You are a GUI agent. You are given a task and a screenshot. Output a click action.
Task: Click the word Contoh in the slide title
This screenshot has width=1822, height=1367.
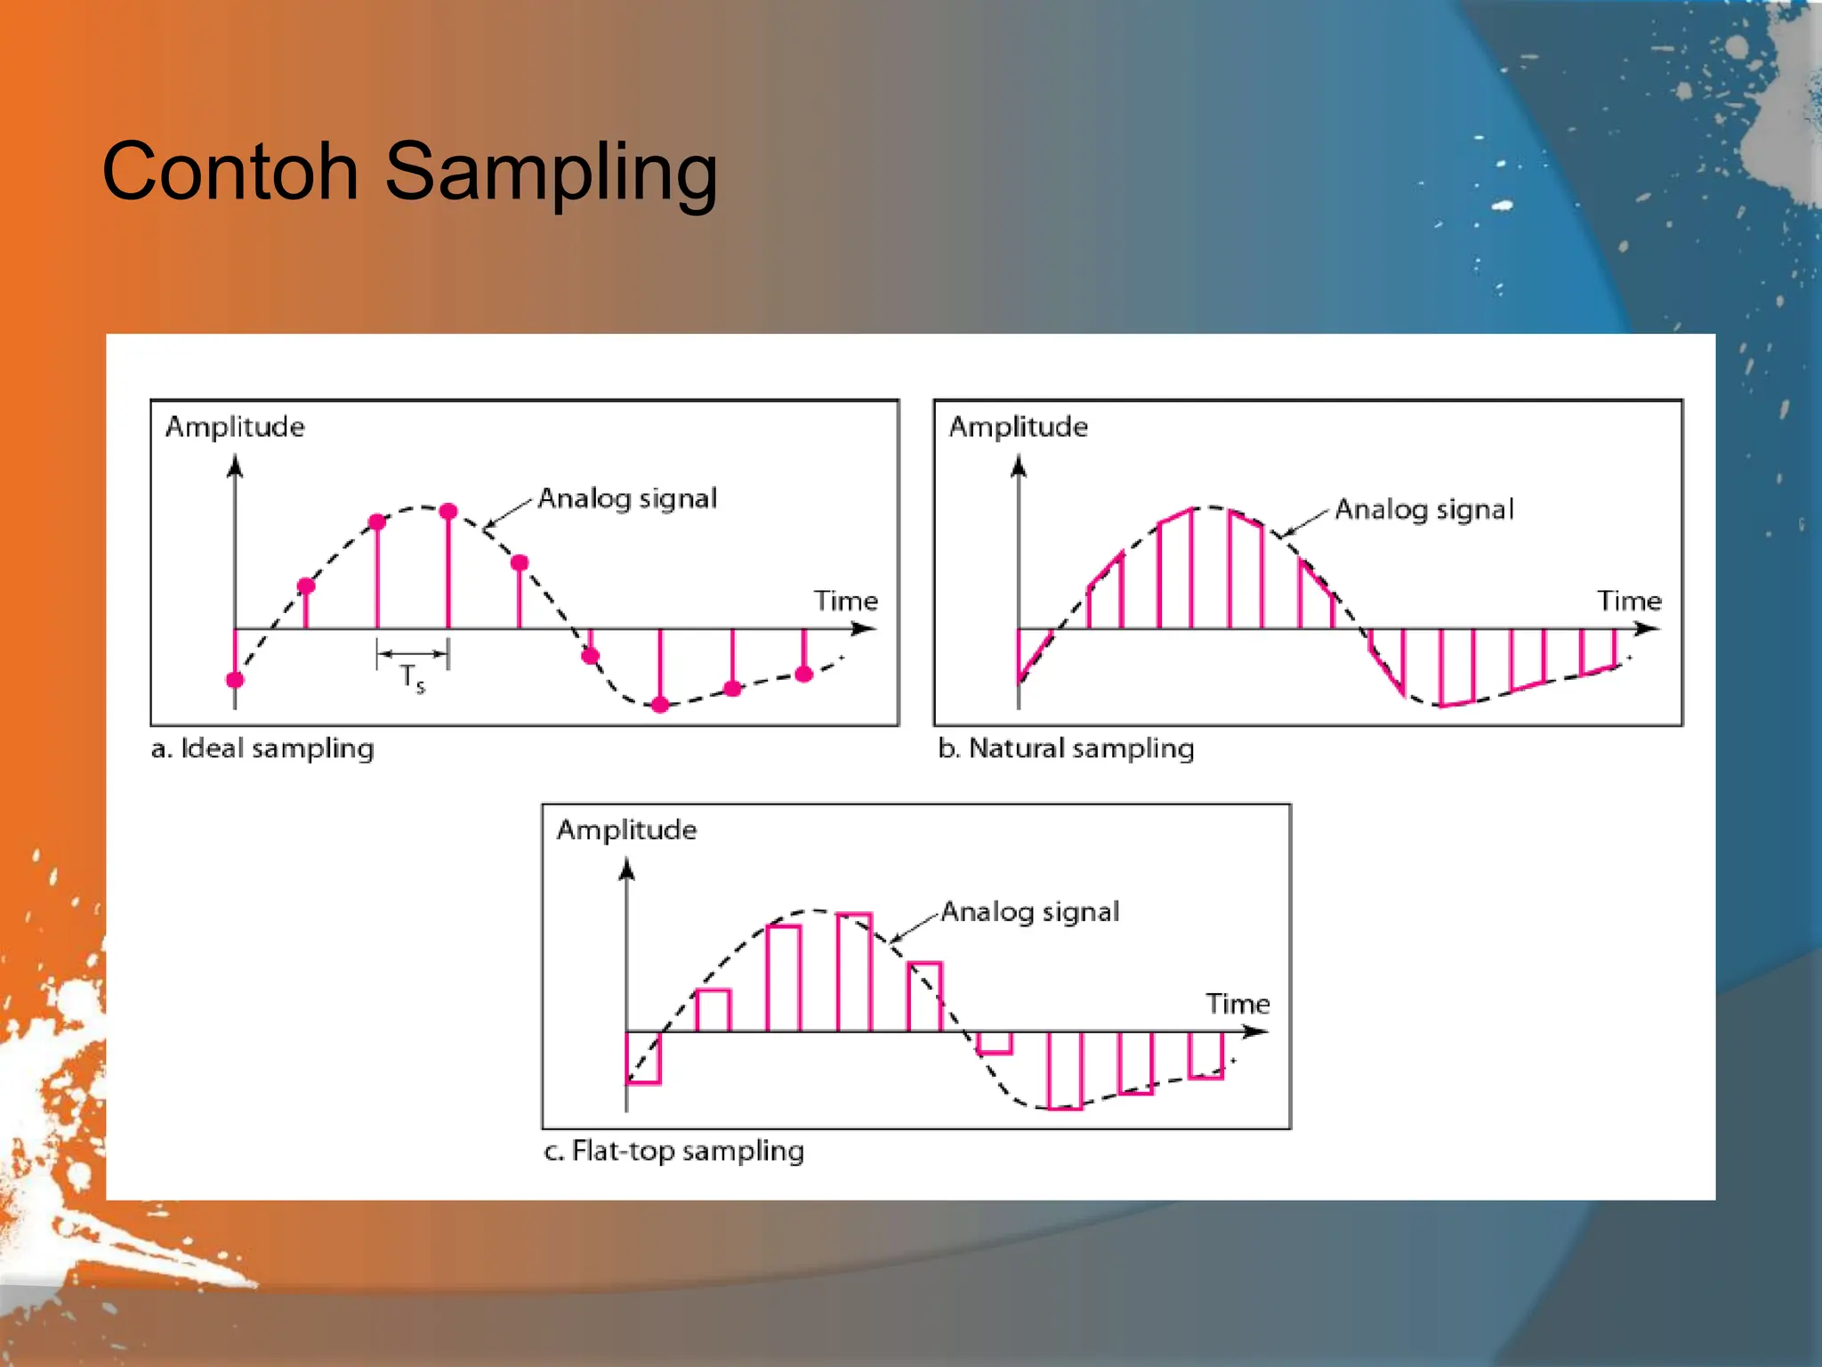pos(230,171)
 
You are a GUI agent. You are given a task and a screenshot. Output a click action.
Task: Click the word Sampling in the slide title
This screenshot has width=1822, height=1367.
pos(551,174)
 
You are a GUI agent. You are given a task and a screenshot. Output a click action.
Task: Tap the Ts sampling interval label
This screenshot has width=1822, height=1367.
pos(412,678)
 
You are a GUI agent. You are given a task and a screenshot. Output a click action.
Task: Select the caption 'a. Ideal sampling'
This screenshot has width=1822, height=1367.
pos(262,748)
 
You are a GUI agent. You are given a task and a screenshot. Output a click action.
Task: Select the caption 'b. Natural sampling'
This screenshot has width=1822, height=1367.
pos(1066,748)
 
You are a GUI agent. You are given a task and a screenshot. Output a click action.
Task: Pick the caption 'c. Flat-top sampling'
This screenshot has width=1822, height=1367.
pos(673,1151)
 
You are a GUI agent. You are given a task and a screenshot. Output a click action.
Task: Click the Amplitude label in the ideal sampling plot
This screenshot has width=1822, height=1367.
pos(235,426)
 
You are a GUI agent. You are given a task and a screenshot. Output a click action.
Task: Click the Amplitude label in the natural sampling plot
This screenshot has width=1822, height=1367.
pos(1018,426)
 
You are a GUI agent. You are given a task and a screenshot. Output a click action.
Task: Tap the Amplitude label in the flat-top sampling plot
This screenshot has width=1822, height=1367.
pos(626,829)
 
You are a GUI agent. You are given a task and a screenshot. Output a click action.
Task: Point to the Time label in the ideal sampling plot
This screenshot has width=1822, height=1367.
pos(845,601)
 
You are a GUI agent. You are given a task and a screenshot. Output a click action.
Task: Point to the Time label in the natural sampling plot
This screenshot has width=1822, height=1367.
pos(1628,601)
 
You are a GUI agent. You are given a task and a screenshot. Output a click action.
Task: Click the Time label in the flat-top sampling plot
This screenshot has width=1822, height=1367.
pos(1237,1004)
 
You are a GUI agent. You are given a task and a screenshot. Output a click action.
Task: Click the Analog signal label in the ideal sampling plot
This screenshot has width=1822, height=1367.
pos(627,498)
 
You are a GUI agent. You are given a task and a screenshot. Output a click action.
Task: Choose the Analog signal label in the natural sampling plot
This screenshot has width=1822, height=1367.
pos(1423,509)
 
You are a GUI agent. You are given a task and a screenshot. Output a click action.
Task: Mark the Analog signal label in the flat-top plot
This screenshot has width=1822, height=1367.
pos(1029,911)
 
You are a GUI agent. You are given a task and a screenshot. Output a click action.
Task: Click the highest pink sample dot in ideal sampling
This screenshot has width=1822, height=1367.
pos(448,511)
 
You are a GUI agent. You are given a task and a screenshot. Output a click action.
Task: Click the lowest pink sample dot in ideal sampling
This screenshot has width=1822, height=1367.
pos(660,705)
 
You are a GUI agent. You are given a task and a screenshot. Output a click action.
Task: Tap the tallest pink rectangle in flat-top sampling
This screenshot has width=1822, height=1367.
pos(854,972)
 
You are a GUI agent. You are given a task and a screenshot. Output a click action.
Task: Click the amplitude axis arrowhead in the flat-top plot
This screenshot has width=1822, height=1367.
pos(627,869)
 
